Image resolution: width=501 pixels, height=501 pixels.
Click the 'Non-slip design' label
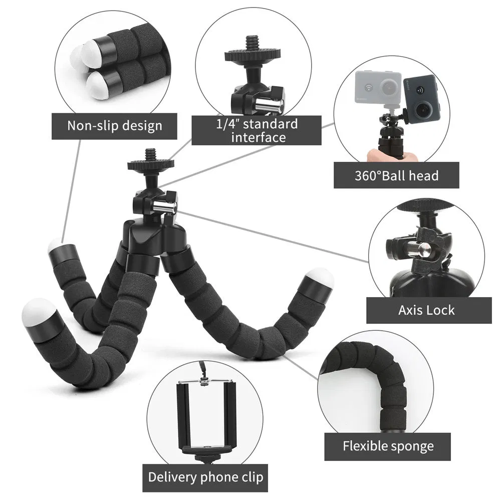click(x=115, y=125)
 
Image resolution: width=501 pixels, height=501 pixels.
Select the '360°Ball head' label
click(x=396, y=175)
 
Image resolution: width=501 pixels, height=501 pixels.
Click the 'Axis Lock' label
click(x=426, y=310)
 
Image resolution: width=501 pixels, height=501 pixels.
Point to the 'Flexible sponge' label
click(x=388, y=446)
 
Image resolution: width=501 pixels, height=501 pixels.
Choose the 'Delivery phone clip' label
click(x=205, y=477)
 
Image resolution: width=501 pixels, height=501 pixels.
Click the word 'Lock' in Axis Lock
click(x=440, y=310)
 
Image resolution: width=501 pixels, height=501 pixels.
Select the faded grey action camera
click(x=378, y=89)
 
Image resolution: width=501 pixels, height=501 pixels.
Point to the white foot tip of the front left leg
click(x=39, y=312)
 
